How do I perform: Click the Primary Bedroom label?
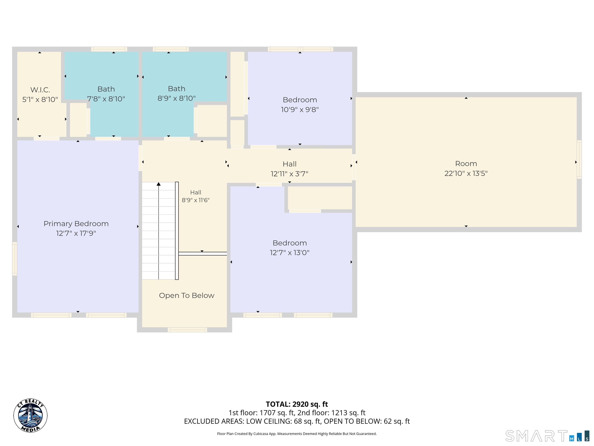point(76,224)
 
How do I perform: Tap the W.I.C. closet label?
point(40,90)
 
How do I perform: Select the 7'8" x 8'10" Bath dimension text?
point(106,99)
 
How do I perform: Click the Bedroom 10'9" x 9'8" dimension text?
point(300,110)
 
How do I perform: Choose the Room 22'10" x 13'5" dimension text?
point(466,173)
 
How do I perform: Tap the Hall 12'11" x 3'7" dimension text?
point(289,174)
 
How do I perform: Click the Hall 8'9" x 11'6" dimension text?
point(195,200)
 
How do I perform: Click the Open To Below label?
point(187,295)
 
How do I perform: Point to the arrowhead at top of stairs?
point(159,184)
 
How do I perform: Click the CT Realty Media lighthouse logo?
point(30,415)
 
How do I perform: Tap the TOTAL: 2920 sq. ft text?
point(297,404)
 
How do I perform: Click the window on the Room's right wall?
point(579,160)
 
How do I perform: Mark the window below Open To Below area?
point(187,330)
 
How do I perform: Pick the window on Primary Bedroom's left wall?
point(15,259)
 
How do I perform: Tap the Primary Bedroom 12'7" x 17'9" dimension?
point(76,233)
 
